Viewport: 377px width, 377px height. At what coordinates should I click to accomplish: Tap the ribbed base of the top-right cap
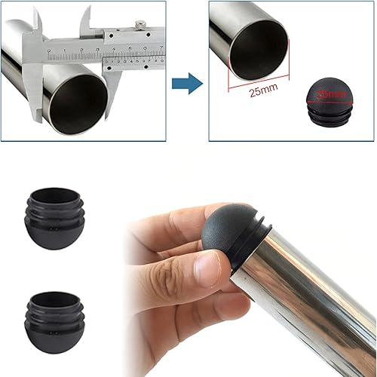point(328,112)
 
